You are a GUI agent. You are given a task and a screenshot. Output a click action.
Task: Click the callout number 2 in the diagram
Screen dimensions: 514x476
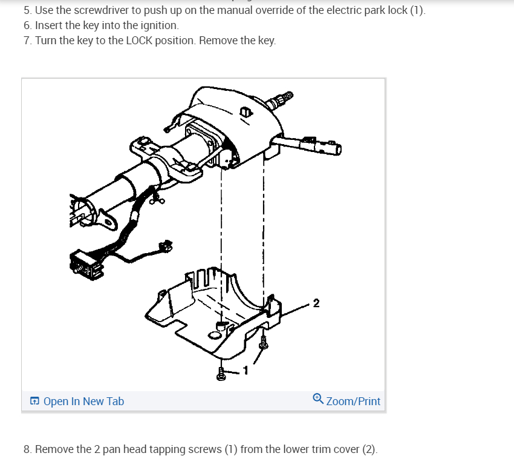316,303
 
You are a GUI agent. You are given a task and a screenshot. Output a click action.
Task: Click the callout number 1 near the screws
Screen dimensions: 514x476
246,371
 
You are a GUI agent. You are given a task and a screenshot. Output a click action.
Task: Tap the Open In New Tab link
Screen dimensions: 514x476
83,401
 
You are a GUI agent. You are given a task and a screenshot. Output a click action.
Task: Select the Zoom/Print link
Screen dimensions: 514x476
353,401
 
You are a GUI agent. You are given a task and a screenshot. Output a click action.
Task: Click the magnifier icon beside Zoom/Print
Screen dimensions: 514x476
317,399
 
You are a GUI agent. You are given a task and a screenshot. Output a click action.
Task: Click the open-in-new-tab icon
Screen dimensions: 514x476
34,401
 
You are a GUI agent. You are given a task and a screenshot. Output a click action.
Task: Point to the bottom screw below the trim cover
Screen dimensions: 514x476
221,374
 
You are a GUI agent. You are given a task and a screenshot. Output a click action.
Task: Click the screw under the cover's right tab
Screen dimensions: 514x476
263,342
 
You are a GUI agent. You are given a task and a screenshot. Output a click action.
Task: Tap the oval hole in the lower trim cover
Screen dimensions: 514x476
215,336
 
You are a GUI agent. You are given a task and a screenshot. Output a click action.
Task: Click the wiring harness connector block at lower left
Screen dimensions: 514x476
86,265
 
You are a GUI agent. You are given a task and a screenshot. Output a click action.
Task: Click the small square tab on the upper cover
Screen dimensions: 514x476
246,112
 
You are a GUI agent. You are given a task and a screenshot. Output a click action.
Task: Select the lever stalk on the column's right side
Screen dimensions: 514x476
307,145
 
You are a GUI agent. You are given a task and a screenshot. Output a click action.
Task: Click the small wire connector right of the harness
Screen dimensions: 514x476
166,245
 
